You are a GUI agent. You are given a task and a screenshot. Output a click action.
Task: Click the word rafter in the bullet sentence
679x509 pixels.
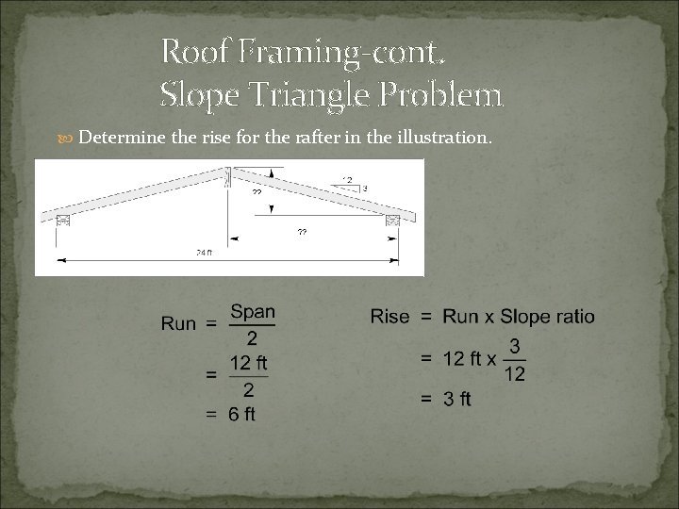point(323,139)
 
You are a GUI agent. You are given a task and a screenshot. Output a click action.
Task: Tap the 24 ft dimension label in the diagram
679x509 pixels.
point(203,253)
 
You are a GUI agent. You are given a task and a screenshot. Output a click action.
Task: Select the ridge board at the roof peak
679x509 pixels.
point(227,176)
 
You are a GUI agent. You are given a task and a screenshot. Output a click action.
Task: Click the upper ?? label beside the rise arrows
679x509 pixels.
point(257,191)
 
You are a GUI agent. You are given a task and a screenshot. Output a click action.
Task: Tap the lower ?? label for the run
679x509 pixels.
point(303,232)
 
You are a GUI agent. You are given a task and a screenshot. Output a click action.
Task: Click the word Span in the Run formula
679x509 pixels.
point(252,310)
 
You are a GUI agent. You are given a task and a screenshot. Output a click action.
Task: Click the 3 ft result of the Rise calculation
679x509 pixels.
point(458,400)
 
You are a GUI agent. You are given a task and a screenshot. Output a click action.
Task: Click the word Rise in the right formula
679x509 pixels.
point(389,317)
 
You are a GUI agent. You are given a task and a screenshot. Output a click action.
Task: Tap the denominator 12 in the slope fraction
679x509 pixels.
point(515,374)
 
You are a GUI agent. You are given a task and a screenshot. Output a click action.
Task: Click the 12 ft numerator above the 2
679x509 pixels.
point(250,362)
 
